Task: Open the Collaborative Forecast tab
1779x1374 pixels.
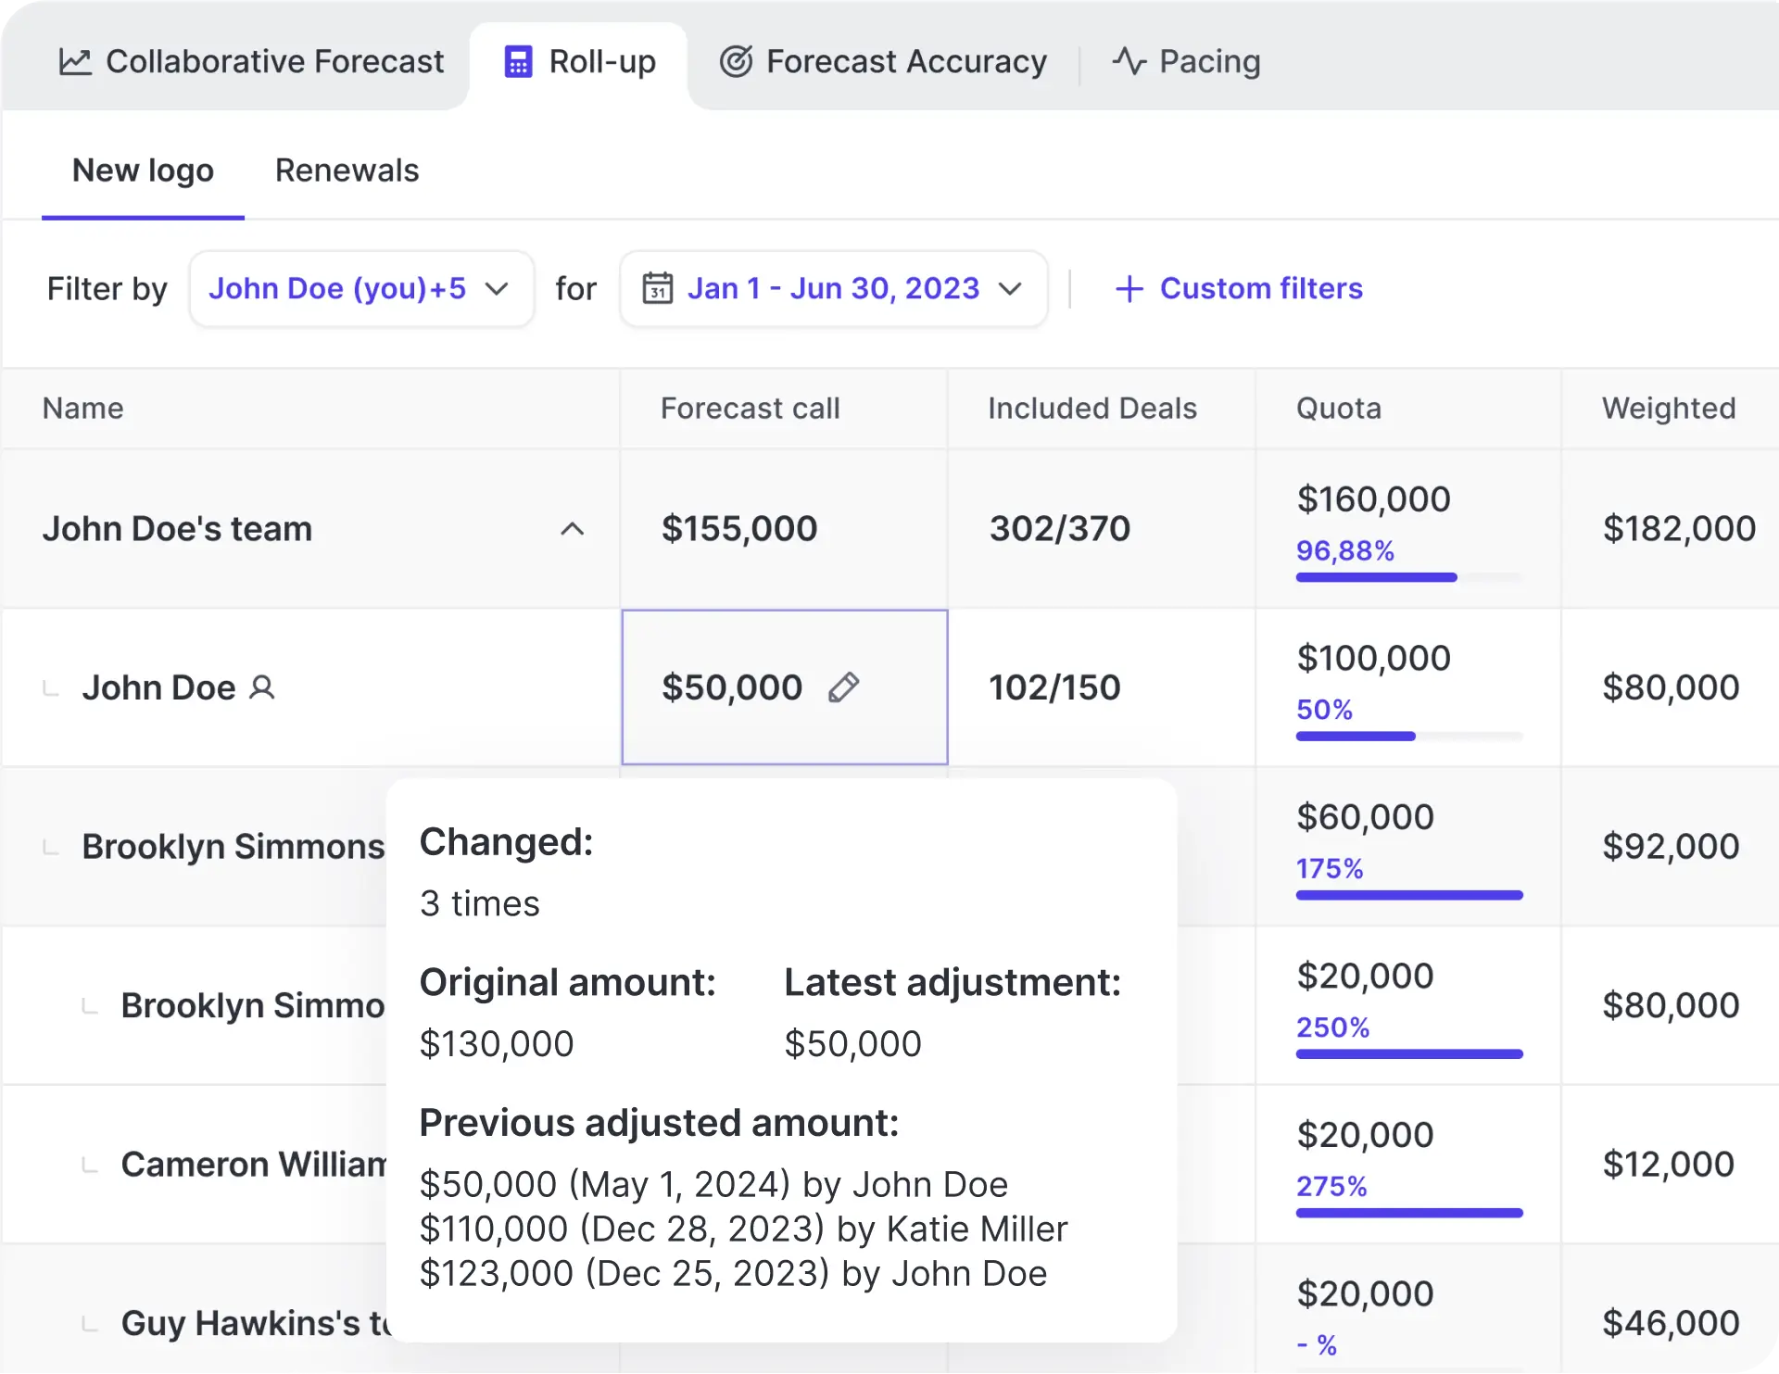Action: point(251,61)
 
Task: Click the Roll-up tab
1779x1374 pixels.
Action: point(580,61)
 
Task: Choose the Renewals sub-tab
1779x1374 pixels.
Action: point(347,170)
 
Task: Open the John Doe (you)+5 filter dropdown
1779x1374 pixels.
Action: point(360,288)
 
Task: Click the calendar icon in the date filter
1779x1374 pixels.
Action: point(658,288)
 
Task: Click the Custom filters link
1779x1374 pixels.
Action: point(1239,288)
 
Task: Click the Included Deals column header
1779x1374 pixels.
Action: point(1091,408)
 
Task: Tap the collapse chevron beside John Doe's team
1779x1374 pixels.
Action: point(572,529)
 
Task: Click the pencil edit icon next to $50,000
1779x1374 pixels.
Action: point(843,687)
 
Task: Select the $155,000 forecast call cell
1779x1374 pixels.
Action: point(738,529)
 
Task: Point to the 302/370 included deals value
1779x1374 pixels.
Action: point(1059,529)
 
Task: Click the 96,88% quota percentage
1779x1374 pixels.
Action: point(1344,551)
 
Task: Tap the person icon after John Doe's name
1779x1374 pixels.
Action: point(262,687)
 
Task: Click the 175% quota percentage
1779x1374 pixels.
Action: point(1329,869)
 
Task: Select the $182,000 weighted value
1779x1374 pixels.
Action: point(1678,529)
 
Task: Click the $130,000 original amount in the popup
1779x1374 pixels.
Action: point(496,1044)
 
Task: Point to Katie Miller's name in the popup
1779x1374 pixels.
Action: point(977,1229)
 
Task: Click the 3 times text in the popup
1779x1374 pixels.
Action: point(479,903)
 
